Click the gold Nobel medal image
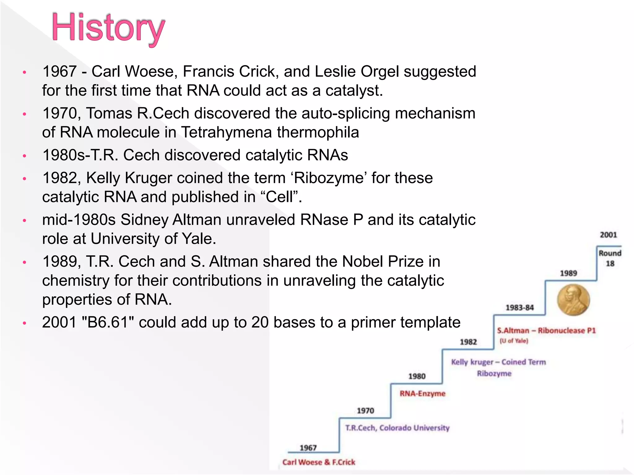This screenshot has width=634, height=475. pos(573,300)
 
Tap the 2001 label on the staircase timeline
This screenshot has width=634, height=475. pos(608,235)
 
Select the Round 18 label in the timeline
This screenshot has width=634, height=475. pos(610,258)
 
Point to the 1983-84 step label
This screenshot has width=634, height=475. pos(519,307)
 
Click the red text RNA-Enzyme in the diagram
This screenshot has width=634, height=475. pos(422,393)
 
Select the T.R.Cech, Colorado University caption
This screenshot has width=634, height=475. pos(397,428)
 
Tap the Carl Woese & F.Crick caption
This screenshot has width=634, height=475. pos(319,462)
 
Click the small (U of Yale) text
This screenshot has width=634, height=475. pos(514,341)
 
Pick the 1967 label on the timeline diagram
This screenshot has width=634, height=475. pos(308,447)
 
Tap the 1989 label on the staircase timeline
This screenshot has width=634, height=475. pos(568,273)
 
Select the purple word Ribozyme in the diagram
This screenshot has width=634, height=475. pos(494,373)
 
